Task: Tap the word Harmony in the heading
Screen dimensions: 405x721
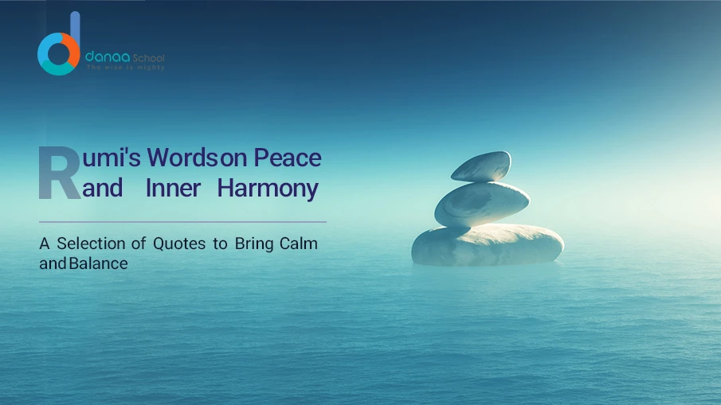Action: click(268, 189)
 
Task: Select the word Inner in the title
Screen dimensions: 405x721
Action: click(173, 189)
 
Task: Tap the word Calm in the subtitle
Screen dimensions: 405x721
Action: click(298, 243)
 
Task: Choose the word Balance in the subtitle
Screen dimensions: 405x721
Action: click(98, 263)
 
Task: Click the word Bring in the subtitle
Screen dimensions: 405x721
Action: click(254, 243)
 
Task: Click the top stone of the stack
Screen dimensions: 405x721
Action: click(480, 166)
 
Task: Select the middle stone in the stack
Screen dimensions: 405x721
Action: click(481, 203)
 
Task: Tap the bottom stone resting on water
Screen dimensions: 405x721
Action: click(487, 244)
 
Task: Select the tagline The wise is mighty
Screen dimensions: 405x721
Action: click(125, 68)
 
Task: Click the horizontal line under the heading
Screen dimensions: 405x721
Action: click(182, 222)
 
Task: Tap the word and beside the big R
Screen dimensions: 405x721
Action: click(102, 189)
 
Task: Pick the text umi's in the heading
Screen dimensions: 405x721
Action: click(111, 158)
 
